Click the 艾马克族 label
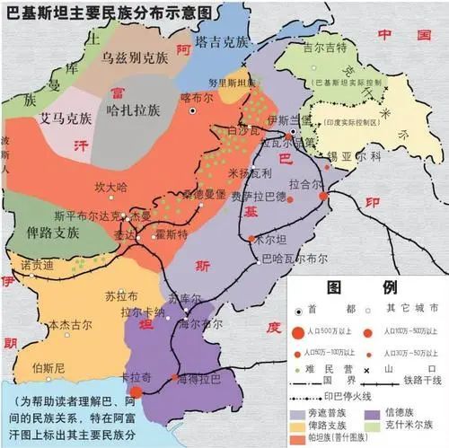pyautogui.click(x=67, y=118)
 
